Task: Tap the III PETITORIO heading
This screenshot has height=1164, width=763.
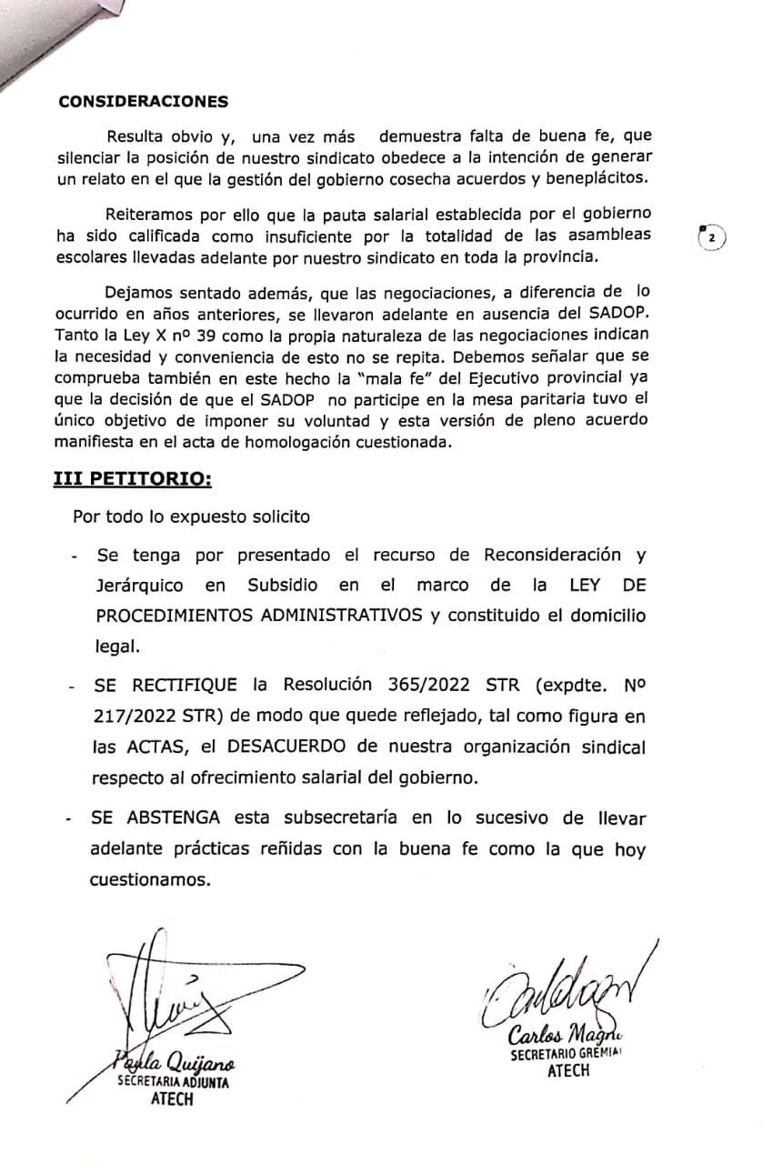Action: (132, 479)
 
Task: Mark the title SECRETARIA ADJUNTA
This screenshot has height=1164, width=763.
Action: (173, 1084)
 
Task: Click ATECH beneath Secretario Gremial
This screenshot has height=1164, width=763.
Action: (568, 1071)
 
